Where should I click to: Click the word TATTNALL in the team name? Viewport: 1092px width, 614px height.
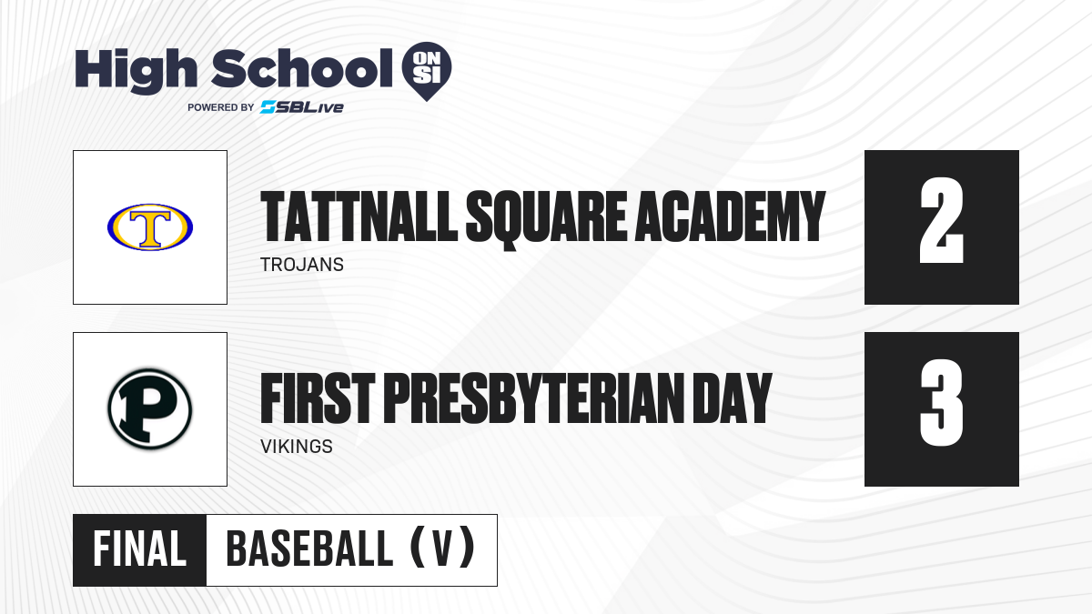359,216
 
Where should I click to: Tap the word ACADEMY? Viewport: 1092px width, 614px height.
730,216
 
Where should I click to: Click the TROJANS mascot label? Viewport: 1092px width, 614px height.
302,265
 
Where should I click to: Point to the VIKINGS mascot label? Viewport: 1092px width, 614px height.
297,447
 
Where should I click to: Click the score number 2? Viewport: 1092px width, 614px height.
941,220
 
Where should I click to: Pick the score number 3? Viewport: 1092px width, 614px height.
941,402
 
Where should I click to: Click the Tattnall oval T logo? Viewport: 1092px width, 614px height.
150,227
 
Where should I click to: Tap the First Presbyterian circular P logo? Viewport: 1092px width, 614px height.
150,409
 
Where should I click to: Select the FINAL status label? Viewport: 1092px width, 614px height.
140,549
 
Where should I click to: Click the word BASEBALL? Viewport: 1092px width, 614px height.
309,549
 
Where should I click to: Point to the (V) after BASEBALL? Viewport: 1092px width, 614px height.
442,548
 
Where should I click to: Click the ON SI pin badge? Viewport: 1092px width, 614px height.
427,71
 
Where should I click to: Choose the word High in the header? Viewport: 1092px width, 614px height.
136,71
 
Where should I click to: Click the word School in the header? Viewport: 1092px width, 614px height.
302,68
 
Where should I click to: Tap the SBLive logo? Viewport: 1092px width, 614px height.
302,107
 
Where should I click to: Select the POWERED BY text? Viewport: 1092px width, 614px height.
221,107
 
